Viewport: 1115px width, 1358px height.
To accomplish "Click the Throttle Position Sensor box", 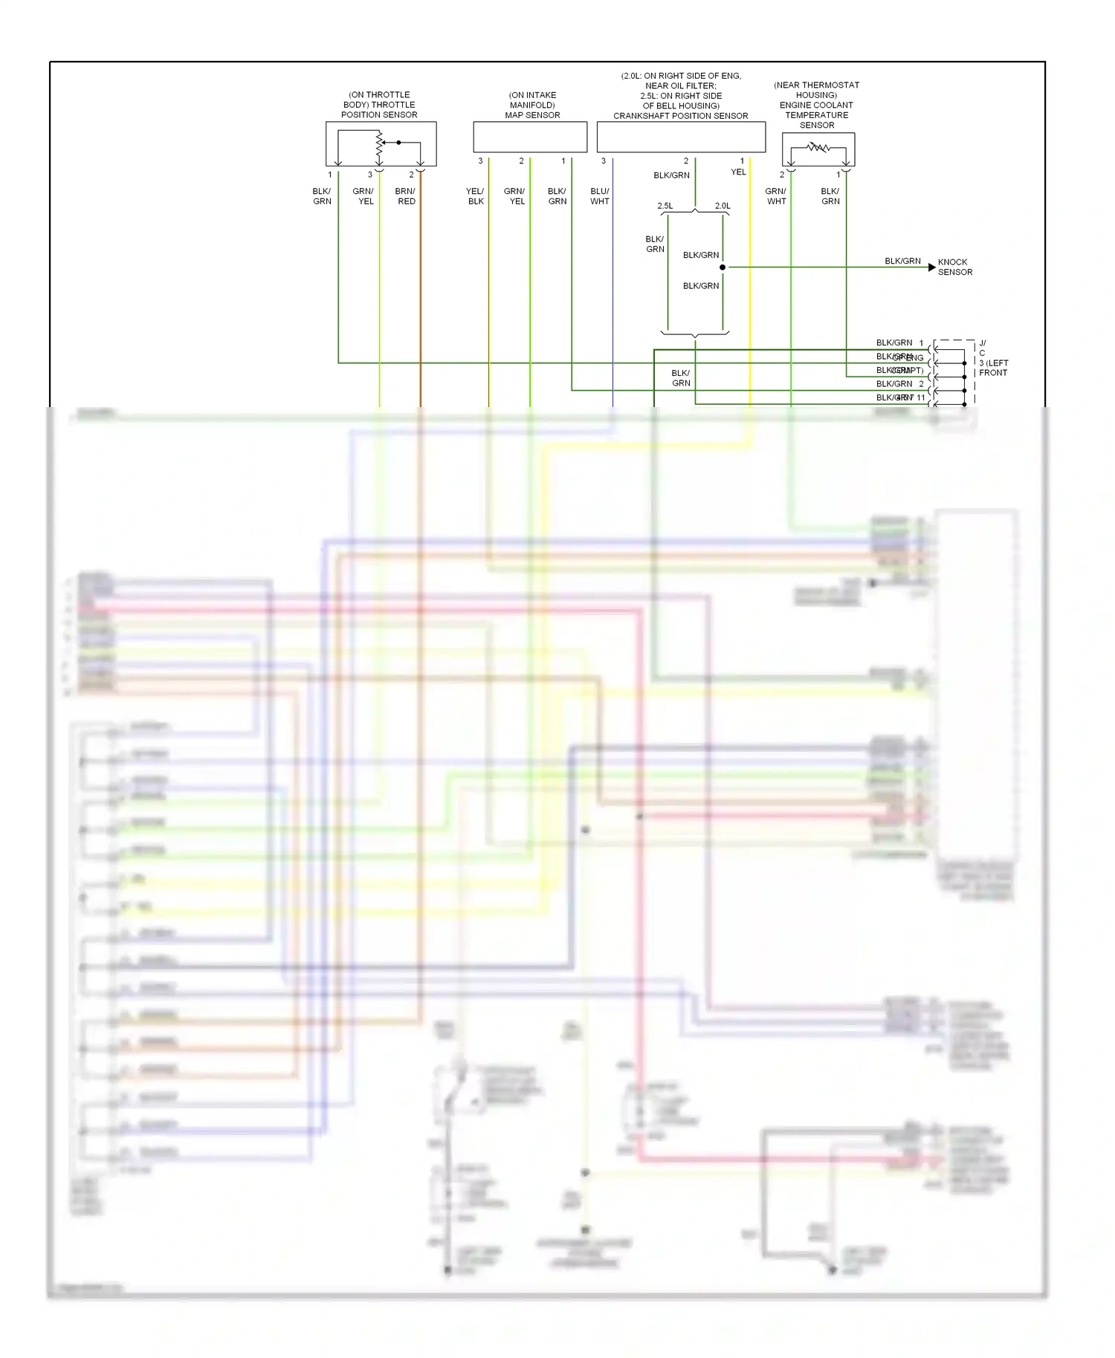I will [x=381, y=143].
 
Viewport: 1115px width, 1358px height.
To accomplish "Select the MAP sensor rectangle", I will [x=530, y=137].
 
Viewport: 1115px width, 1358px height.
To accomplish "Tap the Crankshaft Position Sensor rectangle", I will [x=681, y=137].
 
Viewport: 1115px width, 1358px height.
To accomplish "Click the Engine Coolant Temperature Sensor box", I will [x=818, y=149].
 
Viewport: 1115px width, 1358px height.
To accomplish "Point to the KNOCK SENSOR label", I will [x=954, y=267].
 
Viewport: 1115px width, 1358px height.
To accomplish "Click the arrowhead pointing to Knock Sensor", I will [x=932, y=267].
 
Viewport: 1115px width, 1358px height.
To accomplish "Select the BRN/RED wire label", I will [x=406, y=196].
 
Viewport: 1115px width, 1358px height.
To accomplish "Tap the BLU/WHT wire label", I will [x=599, y=196].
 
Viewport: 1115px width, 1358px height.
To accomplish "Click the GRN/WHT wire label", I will [x=776, y=196].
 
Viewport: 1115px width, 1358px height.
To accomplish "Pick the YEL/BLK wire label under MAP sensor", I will [x=475, y=196].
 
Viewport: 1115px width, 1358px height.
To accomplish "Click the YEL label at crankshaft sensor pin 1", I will [x=737, y=172].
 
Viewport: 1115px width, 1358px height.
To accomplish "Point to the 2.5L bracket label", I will [x=665, y=206].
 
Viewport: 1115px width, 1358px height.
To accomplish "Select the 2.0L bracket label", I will [x=723, y=206].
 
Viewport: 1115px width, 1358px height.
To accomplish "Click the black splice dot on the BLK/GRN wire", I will [x=723, y=267].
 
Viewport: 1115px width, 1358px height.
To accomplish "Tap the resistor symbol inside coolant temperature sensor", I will [x=818, y=148].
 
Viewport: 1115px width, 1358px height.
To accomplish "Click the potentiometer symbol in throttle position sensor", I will [x=379, y=147].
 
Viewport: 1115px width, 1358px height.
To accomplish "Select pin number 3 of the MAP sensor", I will [x=480, y=161].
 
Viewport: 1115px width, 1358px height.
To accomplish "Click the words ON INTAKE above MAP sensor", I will [x=532, y=95].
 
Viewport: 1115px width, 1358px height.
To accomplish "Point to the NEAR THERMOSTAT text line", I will [x=816, y=85].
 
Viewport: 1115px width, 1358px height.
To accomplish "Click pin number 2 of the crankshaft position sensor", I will [x=686, y=161].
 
